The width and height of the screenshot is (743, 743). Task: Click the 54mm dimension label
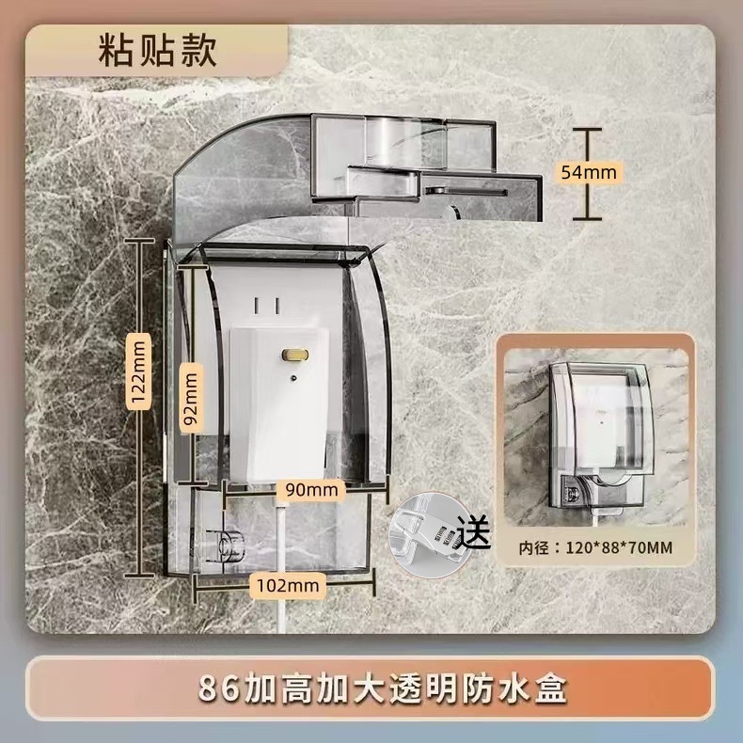(x=589, y=171)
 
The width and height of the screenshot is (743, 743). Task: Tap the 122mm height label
(x=139, y=371)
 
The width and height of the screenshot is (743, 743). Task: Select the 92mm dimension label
(x=191, y=399)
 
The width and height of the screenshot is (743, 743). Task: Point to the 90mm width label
(x=311, y=489)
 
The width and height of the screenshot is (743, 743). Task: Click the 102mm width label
(x=287, y=586)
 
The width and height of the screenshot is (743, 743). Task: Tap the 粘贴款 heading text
(x=157, y=50)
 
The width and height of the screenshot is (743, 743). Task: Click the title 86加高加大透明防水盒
(x=382, y=689)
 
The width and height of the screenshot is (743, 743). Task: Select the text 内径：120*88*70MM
(x=595, y=548)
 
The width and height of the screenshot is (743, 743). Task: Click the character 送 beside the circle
(x=473, y=531)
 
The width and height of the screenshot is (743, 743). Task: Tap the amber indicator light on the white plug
(x=294, y=354)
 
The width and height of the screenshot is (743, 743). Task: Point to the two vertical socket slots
(x=266, y=305)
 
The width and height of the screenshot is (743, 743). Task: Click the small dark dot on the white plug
(x=293, y=378)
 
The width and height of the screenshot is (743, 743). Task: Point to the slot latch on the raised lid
(x=466, y=192)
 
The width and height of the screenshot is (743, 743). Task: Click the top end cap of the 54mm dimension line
(x=588, y=129)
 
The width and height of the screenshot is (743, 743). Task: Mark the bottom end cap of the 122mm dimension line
(x=140, y=576)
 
